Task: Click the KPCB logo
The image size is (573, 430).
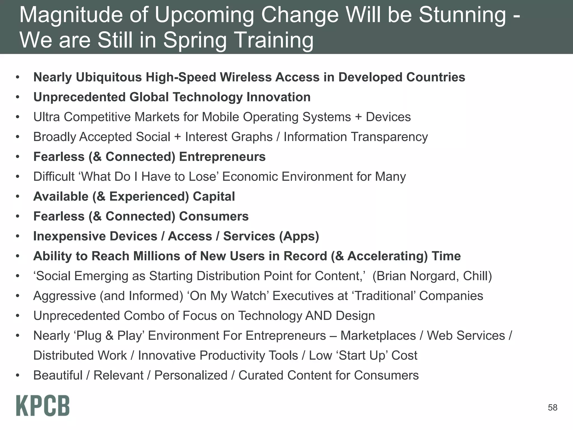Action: pos(43,406)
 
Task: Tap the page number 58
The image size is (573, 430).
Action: pos(553,408)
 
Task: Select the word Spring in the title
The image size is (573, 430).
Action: pos(195,40)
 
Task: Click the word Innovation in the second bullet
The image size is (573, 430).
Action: pos(278,97)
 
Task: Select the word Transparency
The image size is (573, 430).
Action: pos(389,137)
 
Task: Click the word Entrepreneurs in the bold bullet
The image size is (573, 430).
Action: pos(222,157)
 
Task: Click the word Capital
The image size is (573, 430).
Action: pos(214,197)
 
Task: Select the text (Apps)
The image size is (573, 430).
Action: pos(299,236)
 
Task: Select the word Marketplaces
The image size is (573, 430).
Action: pos(378,336)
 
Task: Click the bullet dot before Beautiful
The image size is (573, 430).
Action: pos(18,375)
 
